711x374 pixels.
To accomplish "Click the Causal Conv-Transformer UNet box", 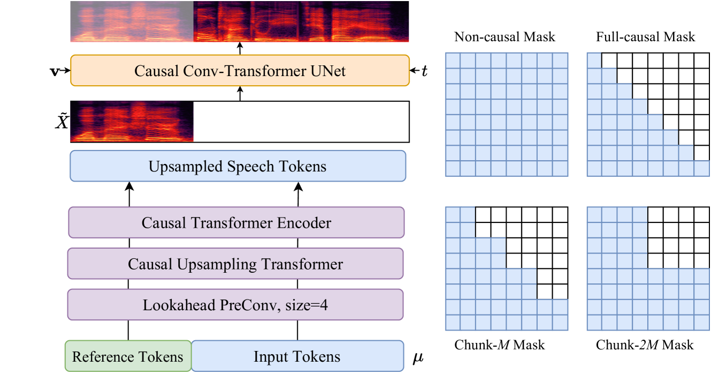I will (x=240, y=70).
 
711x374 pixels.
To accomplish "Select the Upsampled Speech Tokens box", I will (x=238, y=166).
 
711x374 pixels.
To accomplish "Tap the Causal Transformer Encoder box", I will (x=236, y=222).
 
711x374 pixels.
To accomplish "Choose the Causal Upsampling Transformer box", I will (x=235, y=264).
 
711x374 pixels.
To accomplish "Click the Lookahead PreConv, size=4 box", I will (x=235, y=305).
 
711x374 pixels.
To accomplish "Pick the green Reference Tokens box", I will (x=128, y=356).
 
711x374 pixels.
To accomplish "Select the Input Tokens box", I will (x=297, y=356).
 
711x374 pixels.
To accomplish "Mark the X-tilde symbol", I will (x=62, y=122).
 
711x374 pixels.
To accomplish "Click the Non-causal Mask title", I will (x=504, y=37).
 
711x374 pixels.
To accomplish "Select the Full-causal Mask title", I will (x=646, y=37).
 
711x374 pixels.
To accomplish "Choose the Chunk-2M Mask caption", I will (x=645, y=345).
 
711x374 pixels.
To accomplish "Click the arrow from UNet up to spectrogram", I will (x=240, y=48).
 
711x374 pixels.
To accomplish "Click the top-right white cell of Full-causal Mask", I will (x=702, y=61).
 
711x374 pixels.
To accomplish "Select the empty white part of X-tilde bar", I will (x=301, y=122).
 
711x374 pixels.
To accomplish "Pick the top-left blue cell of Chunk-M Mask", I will (x=453, y=215).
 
